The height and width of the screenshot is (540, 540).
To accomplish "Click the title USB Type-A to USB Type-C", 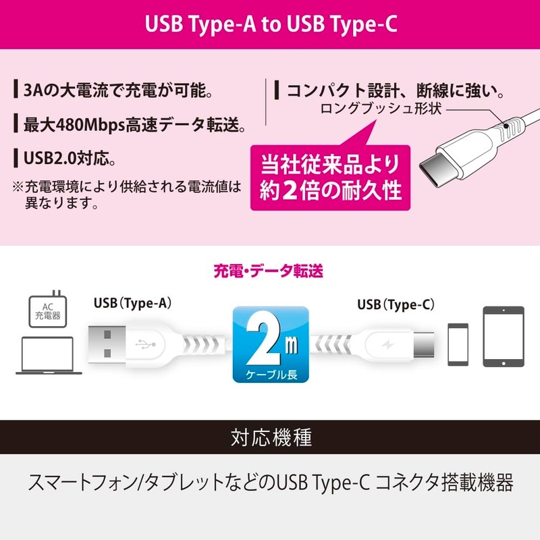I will click(x=270, y=24).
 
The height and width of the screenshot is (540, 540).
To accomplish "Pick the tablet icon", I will click(x=503, y=336).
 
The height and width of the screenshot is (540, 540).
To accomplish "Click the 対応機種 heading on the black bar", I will click(x=270, y=437).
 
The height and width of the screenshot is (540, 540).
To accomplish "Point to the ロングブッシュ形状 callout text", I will click(x=382, y=109).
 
